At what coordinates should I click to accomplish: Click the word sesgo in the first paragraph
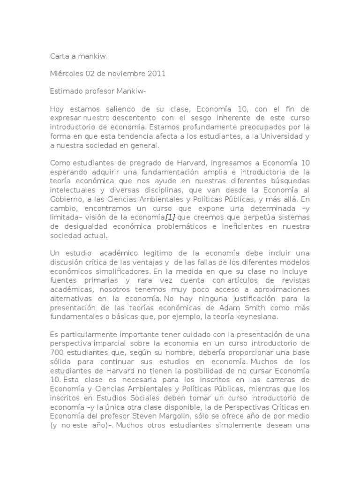coord(204,118)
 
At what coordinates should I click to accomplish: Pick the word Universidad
coord(281,136)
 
